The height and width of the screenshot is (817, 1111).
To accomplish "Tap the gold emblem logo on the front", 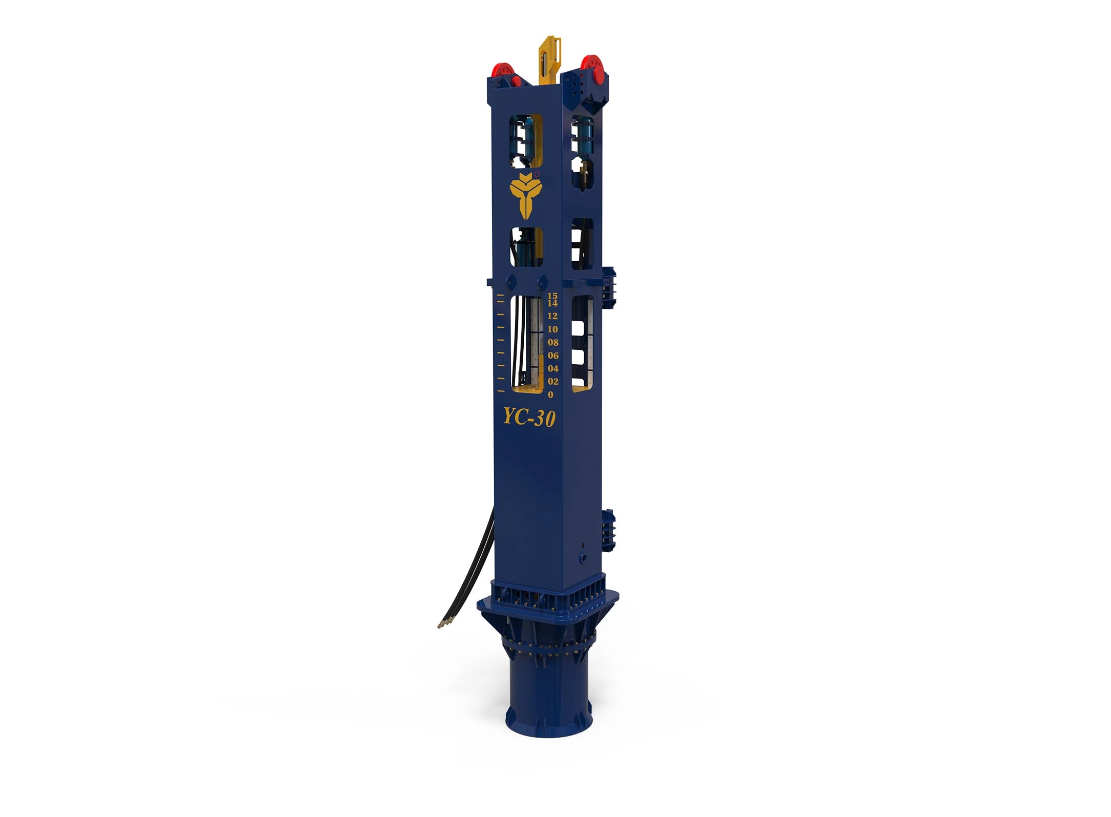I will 524,195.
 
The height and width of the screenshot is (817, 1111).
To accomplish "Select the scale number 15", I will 552,296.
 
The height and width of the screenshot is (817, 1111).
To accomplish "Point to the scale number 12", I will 552,316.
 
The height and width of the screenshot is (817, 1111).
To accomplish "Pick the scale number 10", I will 552,329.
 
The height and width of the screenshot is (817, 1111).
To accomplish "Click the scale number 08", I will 553,342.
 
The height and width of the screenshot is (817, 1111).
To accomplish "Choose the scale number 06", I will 553,355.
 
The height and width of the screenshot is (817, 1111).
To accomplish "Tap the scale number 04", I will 553,368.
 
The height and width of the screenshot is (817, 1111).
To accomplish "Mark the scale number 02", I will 553,382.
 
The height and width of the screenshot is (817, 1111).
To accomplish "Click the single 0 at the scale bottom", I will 550,395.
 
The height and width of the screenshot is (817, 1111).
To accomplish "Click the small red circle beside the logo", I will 537,174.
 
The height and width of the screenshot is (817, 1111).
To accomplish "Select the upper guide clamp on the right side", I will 609,287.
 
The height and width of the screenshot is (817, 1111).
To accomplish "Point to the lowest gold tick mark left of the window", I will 501,391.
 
